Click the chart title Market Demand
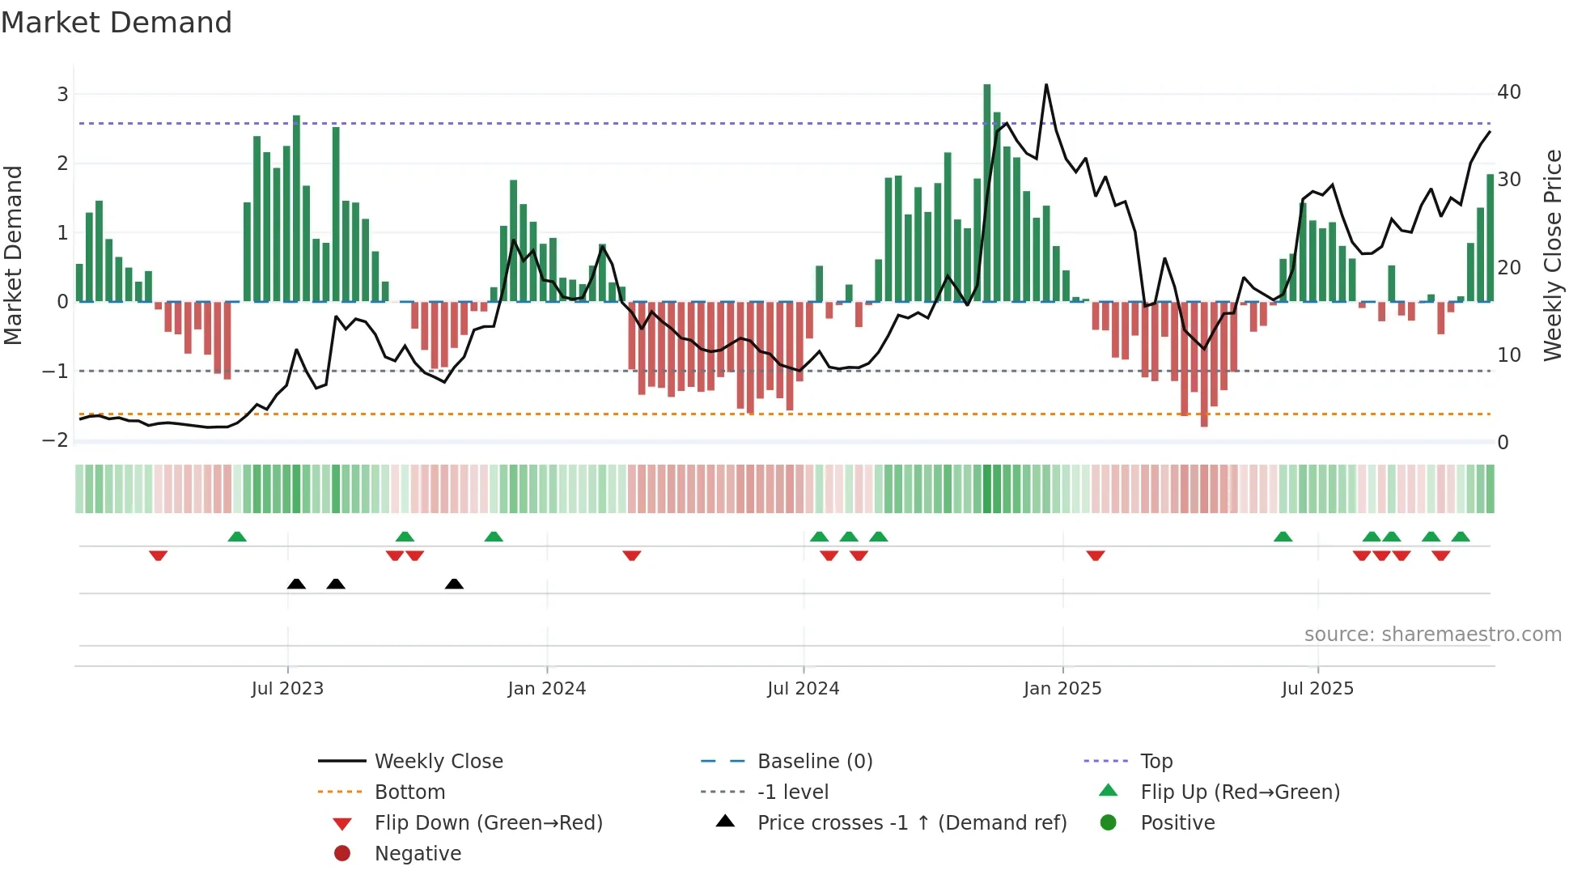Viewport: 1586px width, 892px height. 117,23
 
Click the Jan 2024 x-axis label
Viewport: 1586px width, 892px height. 546,689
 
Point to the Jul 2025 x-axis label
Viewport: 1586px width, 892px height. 1317,689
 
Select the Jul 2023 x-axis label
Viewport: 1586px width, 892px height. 287,689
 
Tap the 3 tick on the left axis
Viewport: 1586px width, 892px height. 62,95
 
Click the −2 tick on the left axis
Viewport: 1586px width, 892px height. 56,440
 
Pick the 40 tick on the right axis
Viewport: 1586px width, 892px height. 1508,92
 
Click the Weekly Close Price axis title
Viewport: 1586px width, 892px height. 1552,255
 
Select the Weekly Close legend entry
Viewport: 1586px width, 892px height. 438,762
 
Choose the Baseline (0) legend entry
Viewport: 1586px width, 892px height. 814,762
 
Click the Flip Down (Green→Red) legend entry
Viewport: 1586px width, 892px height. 488,823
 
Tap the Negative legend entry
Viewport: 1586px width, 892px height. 418,854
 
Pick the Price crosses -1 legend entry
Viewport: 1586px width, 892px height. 911,823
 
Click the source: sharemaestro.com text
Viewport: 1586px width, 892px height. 1432,635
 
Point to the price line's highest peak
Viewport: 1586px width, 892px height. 1046,85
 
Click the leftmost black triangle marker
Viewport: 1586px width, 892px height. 296,584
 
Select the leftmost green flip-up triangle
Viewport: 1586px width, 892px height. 237,537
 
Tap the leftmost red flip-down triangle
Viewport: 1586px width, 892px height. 159,555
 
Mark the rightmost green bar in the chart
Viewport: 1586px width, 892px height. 1490,239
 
